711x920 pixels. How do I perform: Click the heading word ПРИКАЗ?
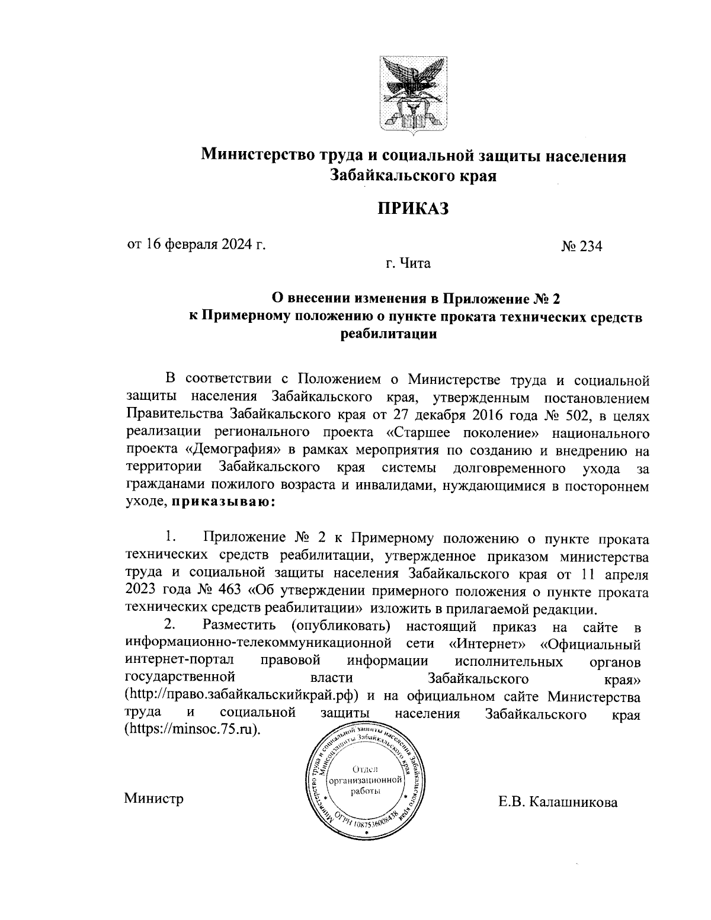click(x=414, y=209)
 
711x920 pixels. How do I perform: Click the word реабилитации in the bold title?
click(x=389, y=334)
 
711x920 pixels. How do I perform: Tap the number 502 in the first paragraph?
click(x=568, y=416)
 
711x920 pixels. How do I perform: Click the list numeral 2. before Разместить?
click(x=170, y=625)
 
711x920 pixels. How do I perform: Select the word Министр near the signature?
click(x=153, y=799)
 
